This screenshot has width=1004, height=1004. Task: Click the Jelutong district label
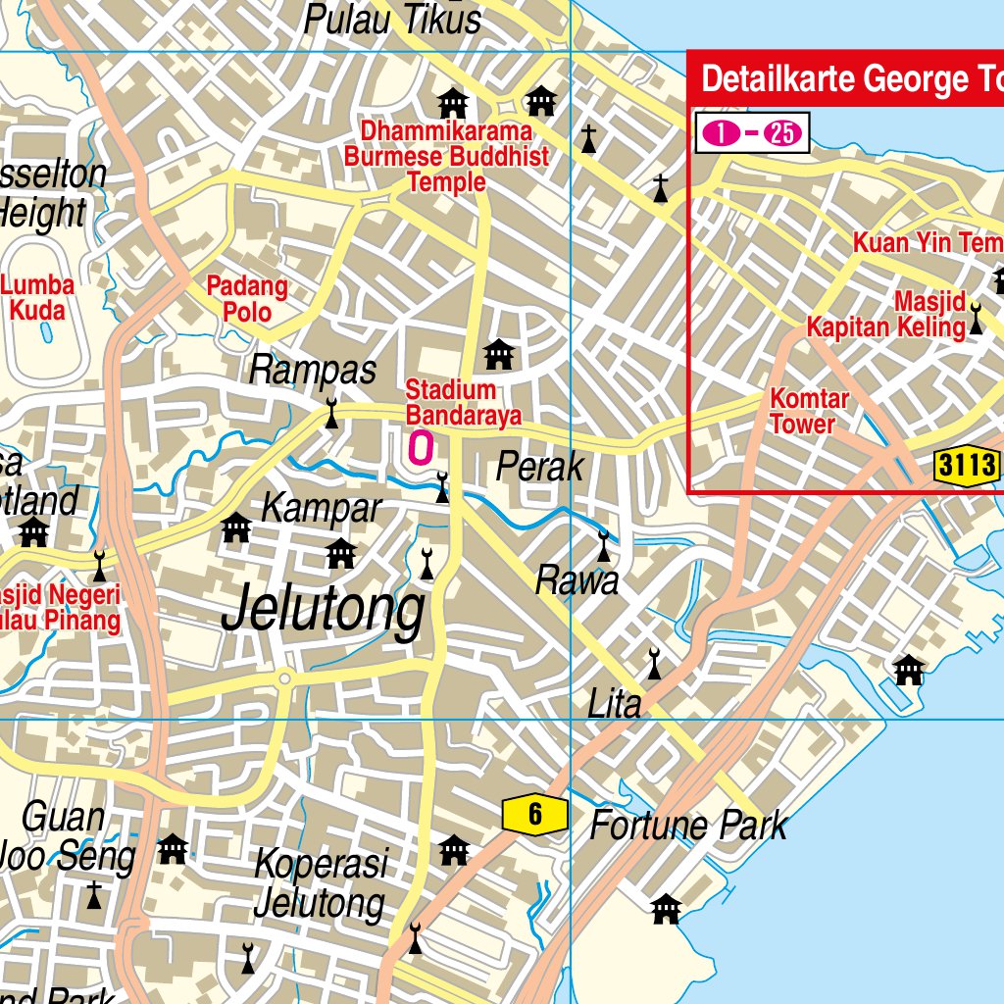324,610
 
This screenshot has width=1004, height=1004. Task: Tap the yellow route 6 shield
535,814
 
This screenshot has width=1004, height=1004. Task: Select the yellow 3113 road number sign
967,466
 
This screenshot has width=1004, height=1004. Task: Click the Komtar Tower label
808,412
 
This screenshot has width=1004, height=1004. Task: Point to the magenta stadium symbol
420,448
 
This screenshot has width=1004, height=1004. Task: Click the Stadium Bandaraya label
463,403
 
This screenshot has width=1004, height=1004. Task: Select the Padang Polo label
247,299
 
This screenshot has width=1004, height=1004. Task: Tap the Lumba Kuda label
37,298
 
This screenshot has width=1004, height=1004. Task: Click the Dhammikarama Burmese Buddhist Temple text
446,157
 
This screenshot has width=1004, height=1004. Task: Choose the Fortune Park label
687,826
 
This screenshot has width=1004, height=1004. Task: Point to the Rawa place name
577,581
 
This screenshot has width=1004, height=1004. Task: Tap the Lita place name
614,703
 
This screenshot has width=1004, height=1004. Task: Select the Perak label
539,468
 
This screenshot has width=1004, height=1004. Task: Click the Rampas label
313,371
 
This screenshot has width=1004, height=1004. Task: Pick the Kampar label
321,509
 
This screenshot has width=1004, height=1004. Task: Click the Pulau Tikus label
392,20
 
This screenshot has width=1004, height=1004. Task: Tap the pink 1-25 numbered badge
752,133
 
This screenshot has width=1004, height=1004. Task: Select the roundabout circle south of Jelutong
284,678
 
